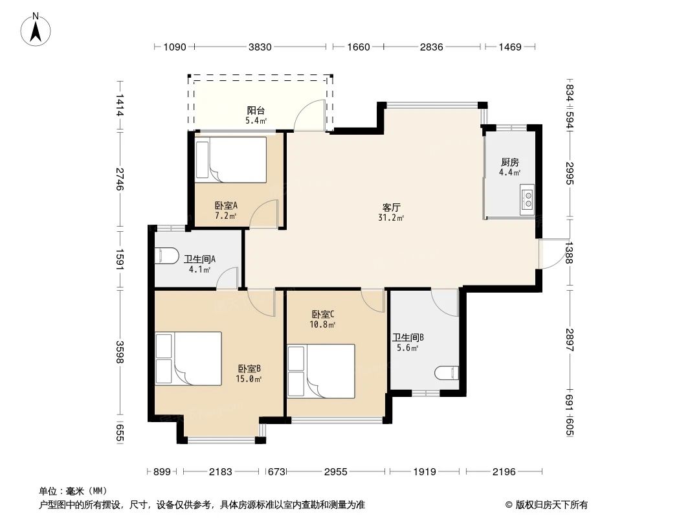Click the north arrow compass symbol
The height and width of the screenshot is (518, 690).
pyautogui.click(x=37, y=28)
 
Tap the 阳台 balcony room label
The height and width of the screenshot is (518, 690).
pyautogui.click(x=256, y=110)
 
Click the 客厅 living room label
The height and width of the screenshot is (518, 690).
pyautogui.click(x=392, y=207)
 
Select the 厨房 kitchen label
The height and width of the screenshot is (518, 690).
pyautogui.click(x=509, y=163)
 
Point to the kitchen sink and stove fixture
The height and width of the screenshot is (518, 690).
pyautogui.click(x=528, y=198)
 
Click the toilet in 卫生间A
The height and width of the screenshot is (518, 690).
pyautogui.click(x=167, y=256)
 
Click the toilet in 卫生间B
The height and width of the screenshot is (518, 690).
pyautogui.click(x=447, y=373)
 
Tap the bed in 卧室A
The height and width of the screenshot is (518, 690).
pyautogui.click(x=231, y=159)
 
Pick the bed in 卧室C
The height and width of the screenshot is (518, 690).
pyautogui.click(x=321, y=370)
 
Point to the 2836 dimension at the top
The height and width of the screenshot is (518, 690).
pyautogui.click(x=431, y=47)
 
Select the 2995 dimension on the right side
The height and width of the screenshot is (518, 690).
pyautogui.click(x=570, y=174)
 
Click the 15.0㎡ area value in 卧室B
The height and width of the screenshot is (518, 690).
pyautogui.click(x=249, y=379)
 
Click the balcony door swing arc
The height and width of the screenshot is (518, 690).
pyautogui.click(x=309, y=116)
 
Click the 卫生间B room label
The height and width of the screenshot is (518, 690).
pyautogui.click(x=408, y=337)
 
